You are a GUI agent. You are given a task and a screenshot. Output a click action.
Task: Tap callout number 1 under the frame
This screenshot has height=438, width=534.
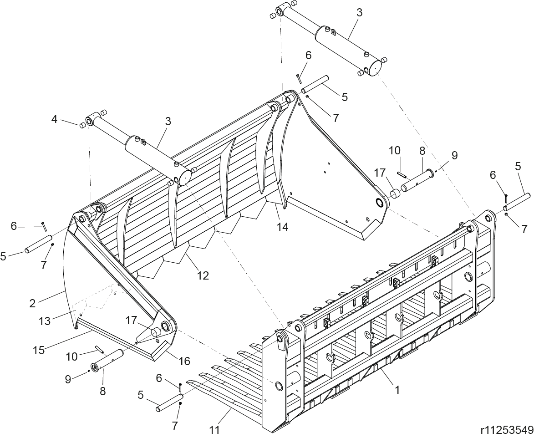[397, 390]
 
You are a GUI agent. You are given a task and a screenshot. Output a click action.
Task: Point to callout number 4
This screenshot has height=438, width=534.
[55, 119]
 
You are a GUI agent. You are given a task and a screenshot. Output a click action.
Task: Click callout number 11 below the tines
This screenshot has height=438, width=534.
[214, 430]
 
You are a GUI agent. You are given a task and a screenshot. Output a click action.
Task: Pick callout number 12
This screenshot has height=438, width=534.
[203, 275]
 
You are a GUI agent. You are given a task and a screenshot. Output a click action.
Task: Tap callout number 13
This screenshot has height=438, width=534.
[45, 321]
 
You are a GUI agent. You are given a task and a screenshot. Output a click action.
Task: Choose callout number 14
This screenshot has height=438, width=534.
[283, 226]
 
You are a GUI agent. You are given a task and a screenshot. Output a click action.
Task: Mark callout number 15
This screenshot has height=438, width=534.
[39, 350]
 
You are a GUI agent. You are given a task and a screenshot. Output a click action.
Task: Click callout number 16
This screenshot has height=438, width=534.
[184, 361]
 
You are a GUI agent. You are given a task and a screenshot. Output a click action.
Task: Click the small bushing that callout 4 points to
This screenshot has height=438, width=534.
[81, 126]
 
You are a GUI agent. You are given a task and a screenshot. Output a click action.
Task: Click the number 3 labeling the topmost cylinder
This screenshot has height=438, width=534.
[359, 13]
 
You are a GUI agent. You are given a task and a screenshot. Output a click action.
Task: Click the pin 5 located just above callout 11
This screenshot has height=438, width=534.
[170, 402]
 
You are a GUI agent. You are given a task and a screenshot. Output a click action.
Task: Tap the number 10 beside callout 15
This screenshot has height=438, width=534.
[71, 357]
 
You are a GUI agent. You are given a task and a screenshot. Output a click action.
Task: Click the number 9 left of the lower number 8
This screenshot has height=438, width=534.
[68, 379]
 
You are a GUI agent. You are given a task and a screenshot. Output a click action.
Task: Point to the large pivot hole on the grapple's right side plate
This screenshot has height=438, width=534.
[380, 202]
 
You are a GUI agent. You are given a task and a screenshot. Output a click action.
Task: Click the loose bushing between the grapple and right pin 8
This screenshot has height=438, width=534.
[395, 194]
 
